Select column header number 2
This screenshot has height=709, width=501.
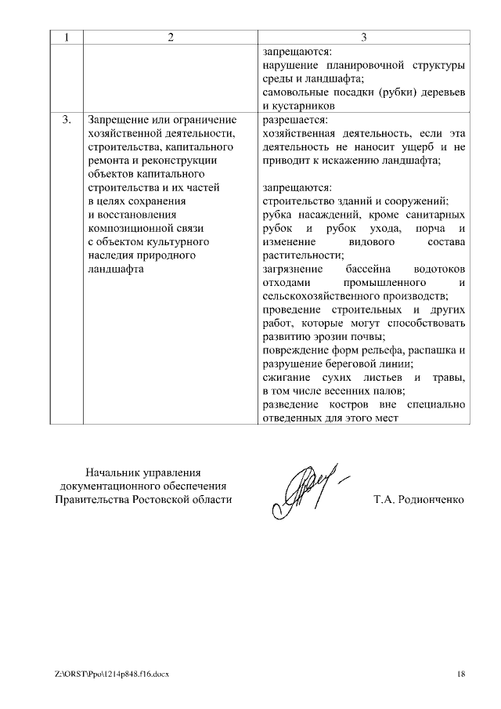coord(169,38)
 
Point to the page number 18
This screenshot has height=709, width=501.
coord(461,674)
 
